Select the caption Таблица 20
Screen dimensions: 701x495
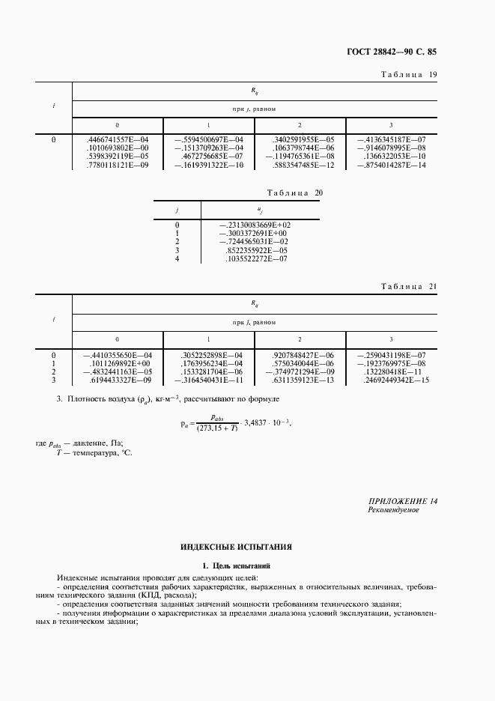(295, 193)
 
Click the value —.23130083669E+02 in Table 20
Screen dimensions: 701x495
(255, 225)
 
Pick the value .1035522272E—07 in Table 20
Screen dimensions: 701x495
(256, 259)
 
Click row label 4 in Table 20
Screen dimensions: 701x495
(177, 259)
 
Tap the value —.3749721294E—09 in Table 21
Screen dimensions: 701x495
(299, 371)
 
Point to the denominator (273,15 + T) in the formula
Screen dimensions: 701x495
(217, 428)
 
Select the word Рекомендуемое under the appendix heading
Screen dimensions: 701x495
(393, 510)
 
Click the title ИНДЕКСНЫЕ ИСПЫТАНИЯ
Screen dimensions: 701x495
(236, 547)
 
